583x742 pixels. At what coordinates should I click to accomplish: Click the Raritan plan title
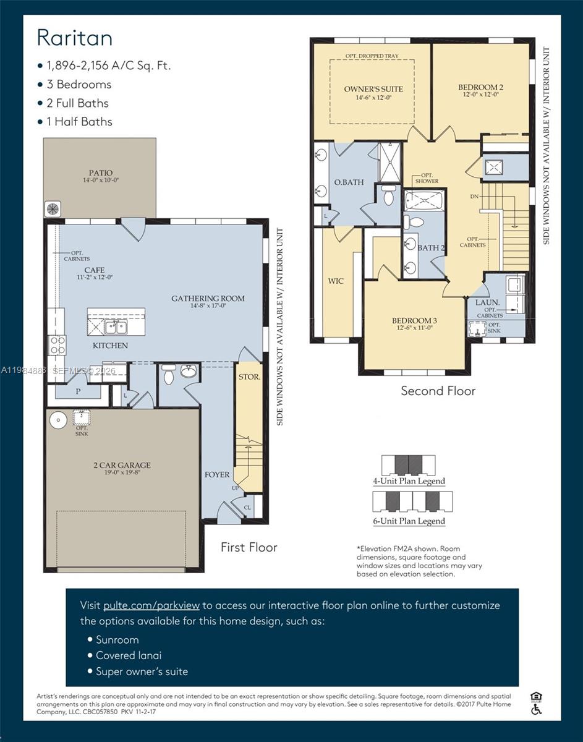coord(75,38)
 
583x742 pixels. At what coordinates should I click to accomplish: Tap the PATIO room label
coord(100,173)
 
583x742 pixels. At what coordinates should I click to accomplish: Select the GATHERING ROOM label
coord(208,299)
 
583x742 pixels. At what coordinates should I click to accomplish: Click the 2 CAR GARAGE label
coord(122,465)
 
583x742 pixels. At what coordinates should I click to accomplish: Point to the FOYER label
coord(217,475)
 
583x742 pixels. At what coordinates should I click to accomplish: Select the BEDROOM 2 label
coord(481,87)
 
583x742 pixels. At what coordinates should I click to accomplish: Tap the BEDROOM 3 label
coord(414,320)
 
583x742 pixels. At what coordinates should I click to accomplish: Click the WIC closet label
coord(336,281)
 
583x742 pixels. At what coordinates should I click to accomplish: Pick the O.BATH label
coord(349,182)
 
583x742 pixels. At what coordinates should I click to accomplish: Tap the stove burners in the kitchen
coord(57,345)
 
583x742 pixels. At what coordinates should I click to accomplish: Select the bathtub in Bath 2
coord(425,201)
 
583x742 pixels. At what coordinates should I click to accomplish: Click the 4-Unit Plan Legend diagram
coord(408,465)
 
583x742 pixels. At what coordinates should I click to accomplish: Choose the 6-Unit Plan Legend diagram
coord(412,501)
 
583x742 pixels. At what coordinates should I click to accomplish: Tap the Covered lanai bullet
coord(129,655)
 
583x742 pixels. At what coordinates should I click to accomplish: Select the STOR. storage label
coord(249,376)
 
